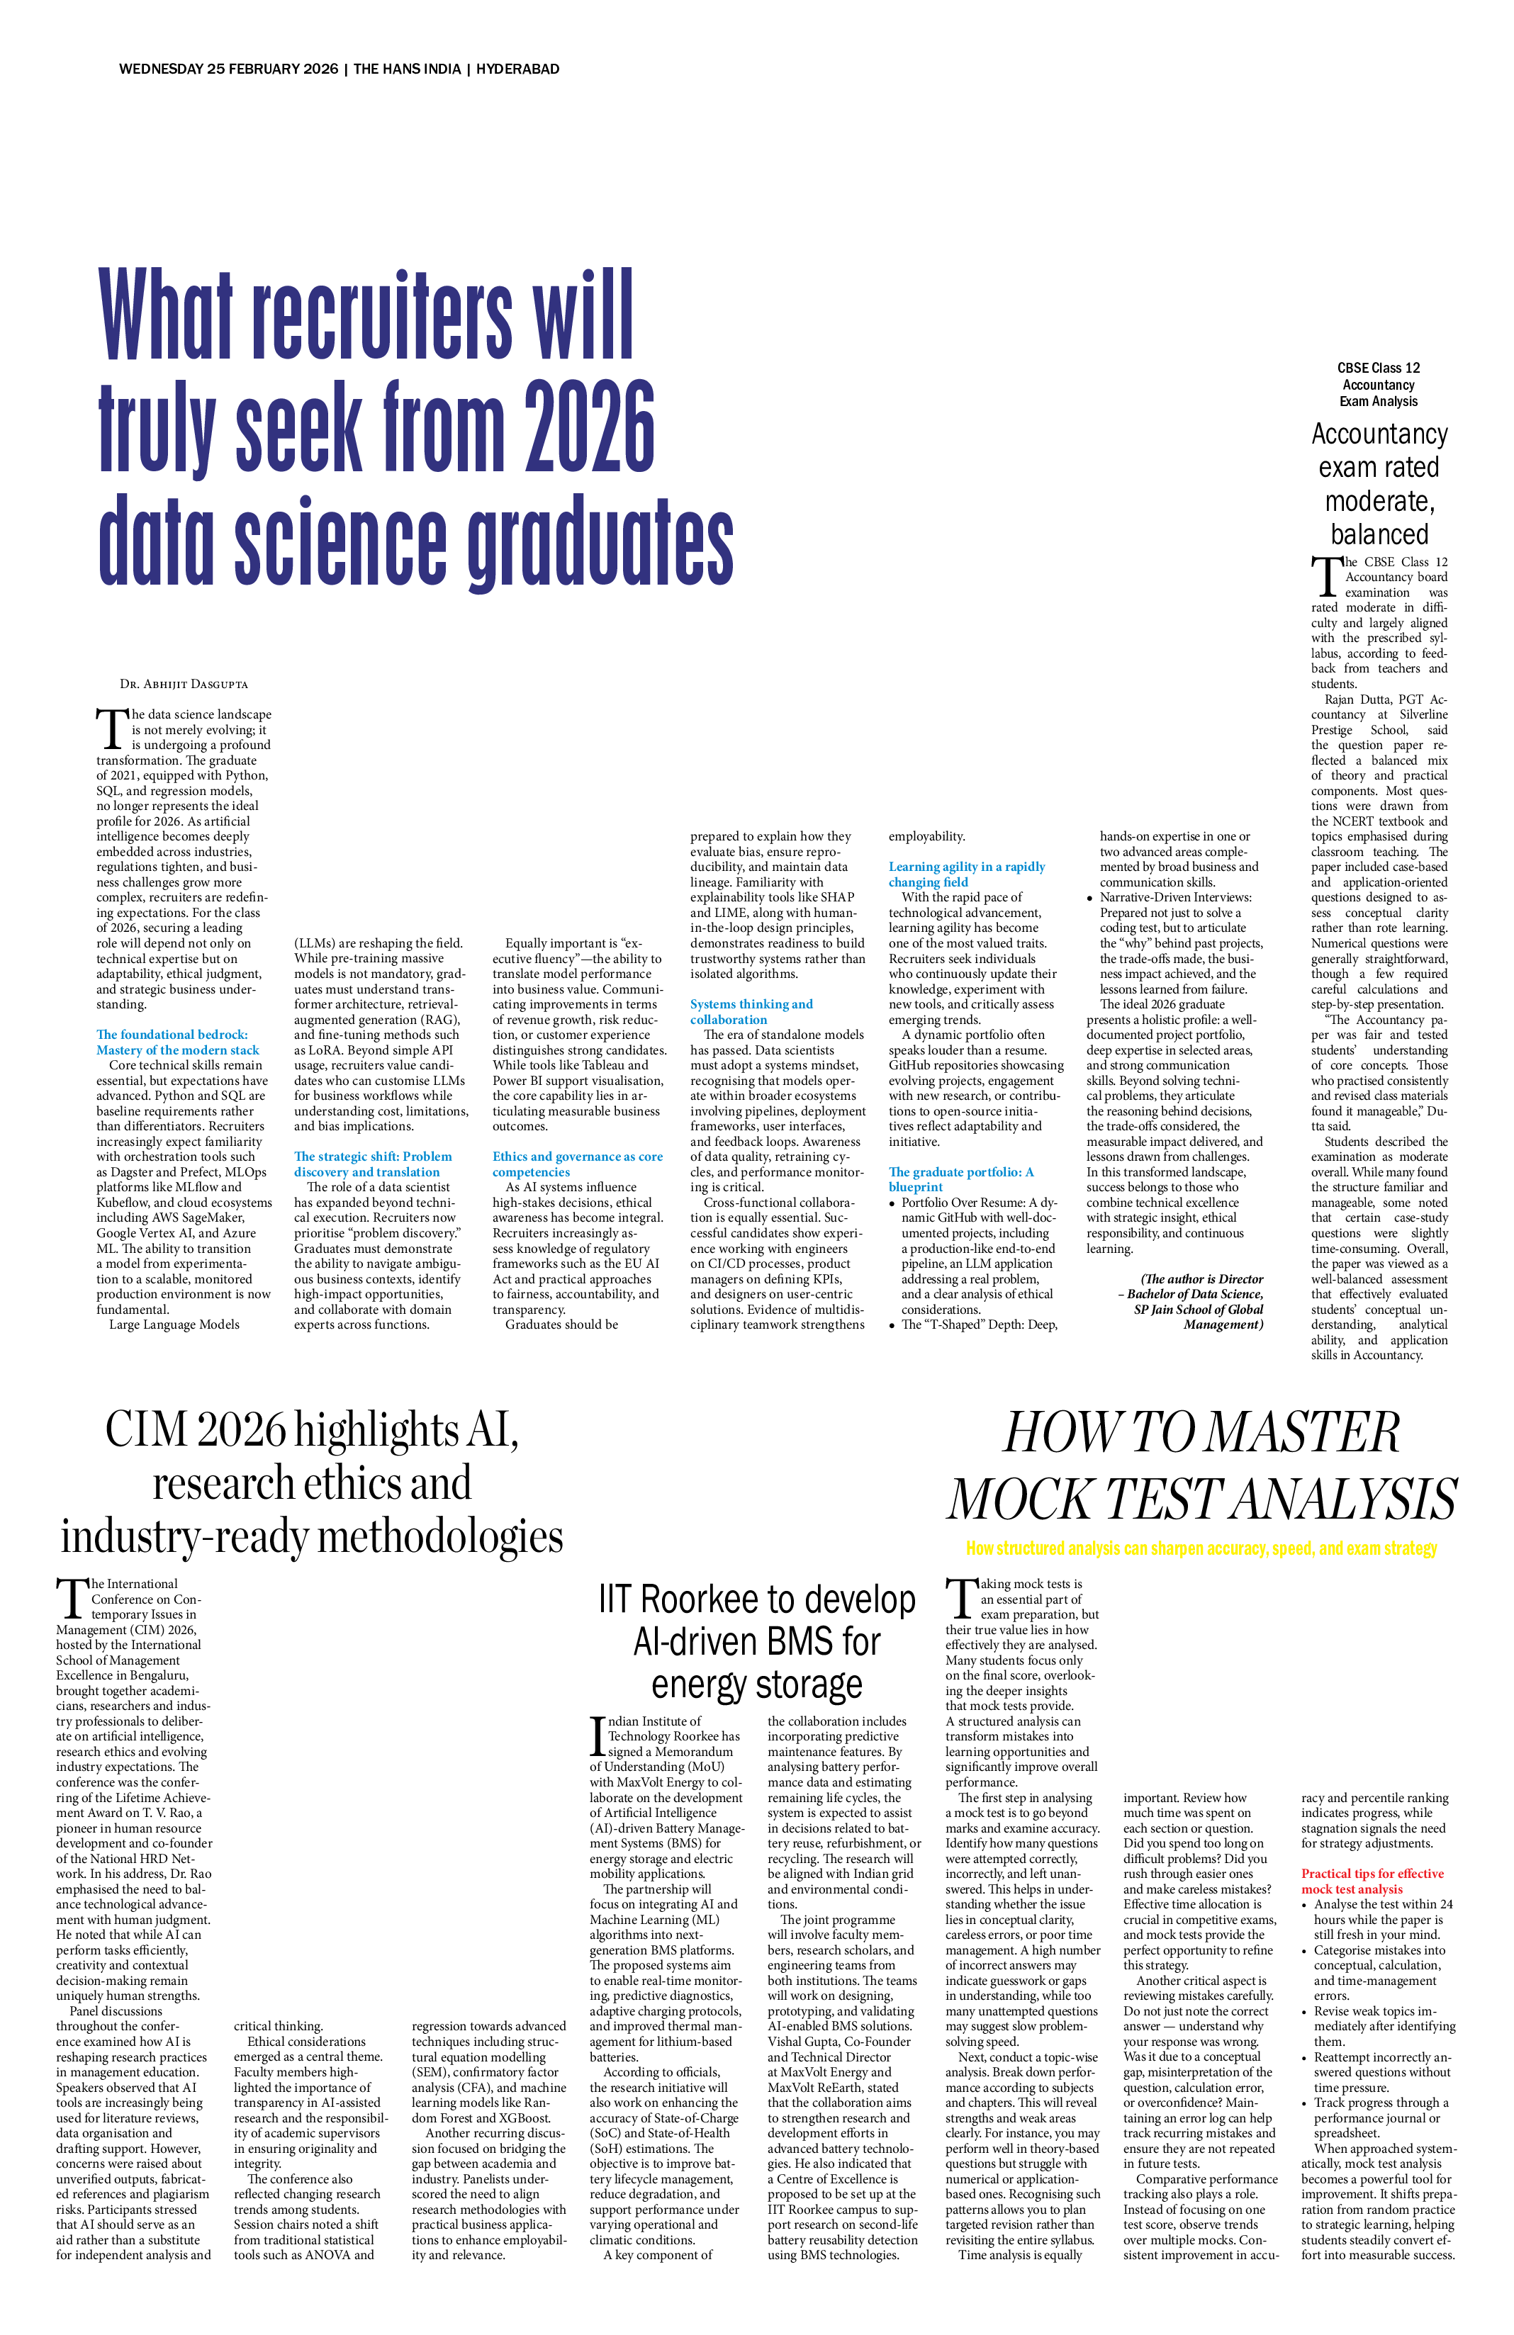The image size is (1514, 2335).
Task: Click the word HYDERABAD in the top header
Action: [517, 69]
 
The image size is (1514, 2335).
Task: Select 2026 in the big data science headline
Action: [589, 426]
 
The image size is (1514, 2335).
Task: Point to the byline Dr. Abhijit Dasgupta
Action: [184, 683]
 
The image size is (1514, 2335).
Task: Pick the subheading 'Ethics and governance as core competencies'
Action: [577, 1164]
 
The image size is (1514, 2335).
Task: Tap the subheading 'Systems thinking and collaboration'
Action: [751, 1011]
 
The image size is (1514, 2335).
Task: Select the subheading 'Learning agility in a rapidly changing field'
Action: [967, 874]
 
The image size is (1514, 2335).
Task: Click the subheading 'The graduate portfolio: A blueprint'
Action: [960, 1179]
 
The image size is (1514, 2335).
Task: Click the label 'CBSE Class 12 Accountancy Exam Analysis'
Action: [1379, 385]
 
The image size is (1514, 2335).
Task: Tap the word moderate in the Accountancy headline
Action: [1379, 501]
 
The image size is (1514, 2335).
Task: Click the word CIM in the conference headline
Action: [147, 1431]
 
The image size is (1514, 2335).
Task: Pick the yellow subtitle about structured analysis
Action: [1201, 1549]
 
